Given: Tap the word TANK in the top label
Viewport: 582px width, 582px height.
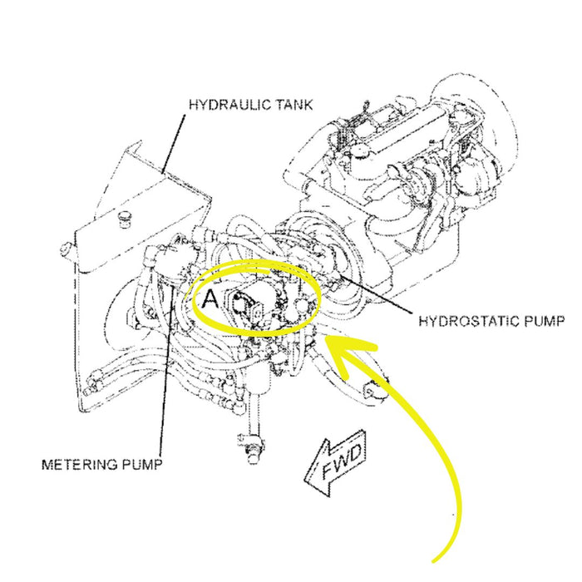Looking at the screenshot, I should pyautogui.click(x=296, y=106).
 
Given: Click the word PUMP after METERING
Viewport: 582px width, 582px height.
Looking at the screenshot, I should pyautogui.click(x=141, y=464).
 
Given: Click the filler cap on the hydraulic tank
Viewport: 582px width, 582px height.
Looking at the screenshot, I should pyautogui.click(x=126, y=218).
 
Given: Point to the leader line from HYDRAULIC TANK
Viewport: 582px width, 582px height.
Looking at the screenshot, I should pyautogui.click(x=175, y=141).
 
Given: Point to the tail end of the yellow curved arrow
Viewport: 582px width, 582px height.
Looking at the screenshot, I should pyautogui.click(x=438, y=559).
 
